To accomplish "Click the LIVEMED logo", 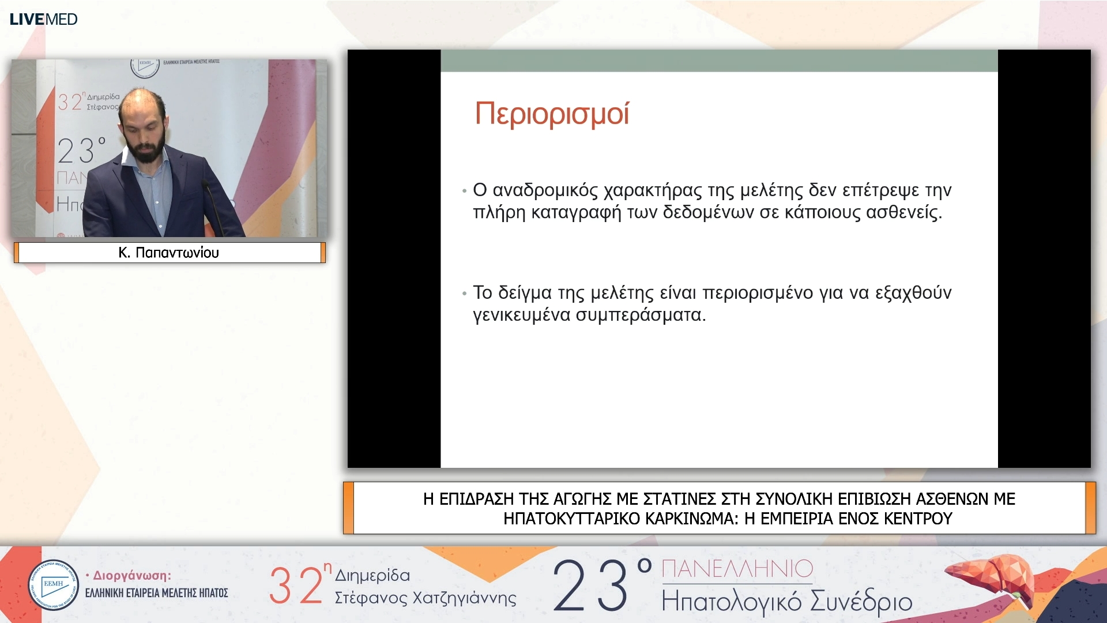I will pos(44,19).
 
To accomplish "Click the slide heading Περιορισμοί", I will pos(551,114).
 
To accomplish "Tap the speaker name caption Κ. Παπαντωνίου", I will pos(168,253).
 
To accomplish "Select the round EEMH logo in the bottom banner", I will pos(53,584).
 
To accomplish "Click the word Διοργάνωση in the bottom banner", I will pos(131,575).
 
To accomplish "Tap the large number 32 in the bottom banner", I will pos(296,585).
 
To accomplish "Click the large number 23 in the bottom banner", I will pos(591,586).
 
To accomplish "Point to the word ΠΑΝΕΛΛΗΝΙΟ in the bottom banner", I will pos(737,569).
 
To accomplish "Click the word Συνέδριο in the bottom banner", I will pos(861,602).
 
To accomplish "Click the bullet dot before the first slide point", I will pos(464,191).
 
